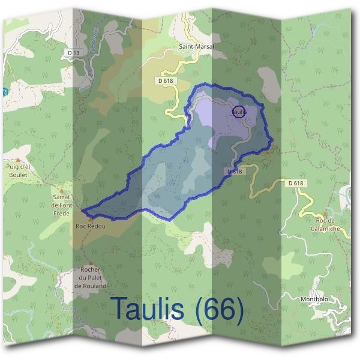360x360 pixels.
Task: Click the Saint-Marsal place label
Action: pos(197,46)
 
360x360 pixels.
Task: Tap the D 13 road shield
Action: pos(73,53)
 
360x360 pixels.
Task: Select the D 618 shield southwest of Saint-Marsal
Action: pos(166,80)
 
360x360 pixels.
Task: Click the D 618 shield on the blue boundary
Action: pos(235,171)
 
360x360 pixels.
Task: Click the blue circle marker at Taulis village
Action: pos(238,112)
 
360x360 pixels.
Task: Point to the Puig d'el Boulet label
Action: pos(18,170)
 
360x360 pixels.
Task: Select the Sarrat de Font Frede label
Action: pos(62,205)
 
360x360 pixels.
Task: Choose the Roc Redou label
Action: pos(90,226)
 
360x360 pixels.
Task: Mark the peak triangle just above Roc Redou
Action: pos(91,218)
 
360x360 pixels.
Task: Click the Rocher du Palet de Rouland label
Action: pos(90,278)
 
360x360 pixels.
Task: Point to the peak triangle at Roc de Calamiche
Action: pos(325,214)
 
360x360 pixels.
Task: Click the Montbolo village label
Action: pos(314,298)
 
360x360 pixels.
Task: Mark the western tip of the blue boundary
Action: pos(83,211)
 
